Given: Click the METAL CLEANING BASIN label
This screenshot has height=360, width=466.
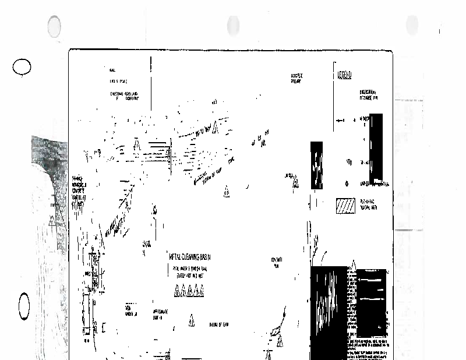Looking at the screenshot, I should [189, 257].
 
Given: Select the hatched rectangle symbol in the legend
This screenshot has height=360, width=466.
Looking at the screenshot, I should [345, 206].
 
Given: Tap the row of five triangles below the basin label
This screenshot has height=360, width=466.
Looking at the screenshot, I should [189, 292].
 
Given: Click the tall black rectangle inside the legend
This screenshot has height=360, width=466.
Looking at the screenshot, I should [376, 146].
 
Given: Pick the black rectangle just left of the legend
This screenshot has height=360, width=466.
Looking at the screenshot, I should [316, 165].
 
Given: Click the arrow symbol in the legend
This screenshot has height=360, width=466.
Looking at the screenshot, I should [341, 121].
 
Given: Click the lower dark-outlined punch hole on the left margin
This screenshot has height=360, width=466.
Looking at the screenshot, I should [24, 305].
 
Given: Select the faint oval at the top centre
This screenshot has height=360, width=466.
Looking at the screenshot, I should [233, 26].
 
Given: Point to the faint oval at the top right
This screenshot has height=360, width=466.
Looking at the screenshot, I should [412, 25].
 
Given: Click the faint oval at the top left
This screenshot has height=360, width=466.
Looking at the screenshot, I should [54, 26].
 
